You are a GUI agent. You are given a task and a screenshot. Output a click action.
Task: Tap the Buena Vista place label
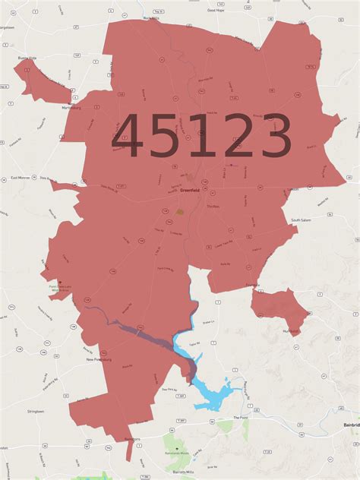pyautogui.click(x=28, y=58)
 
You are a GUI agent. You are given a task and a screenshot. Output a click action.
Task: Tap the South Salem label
pyautogui.click(x=302, y=220)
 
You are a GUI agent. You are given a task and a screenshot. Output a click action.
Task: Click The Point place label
pyautogui.click(x=241, y=417)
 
